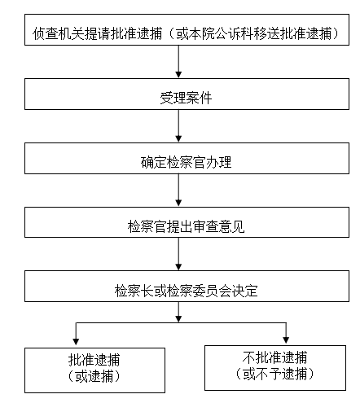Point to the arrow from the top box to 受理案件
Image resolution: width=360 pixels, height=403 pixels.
[x=178, y=62]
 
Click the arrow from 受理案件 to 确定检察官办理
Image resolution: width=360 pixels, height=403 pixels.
[x=178, y=126]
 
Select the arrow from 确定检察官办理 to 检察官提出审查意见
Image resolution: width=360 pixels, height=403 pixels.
[x=178, y=191]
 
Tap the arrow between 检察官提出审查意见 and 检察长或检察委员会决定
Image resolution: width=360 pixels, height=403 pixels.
[x=178, y=254]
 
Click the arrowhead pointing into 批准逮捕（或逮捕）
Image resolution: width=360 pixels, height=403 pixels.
[x=76, y=342]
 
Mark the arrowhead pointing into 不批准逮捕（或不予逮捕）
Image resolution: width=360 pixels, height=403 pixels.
[x=286, y=339]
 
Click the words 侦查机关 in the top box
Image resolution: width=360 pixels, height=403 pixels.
[x=59, y=33]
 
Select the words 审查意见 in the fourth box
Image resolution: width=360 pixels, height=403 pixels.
[x=219, y=227]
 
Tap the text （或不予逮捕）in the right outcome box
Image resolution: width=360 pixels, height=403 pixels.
[x=274, y=374]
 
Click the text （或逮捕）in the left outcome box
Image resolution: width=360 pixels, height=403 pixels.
[x=94, y=376]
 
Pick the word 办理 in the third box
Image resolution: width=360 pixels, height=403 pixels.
[x=218, y=163]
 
